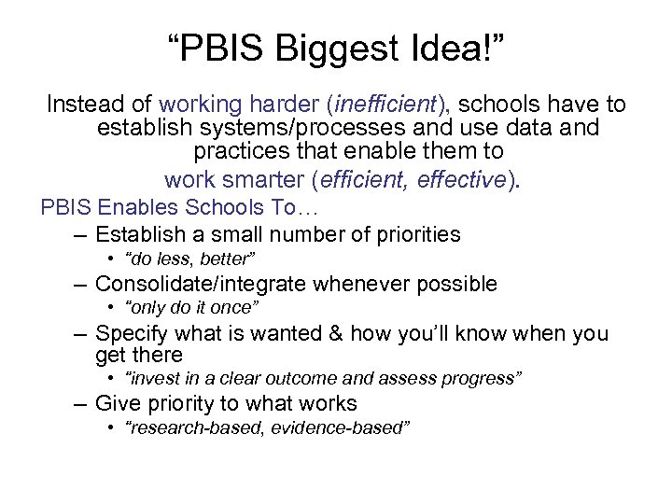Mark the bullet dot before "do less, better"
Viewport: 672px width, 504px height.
coord(111,259)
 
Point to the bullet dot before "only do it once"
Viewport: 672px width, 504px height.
coord(111,308)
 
